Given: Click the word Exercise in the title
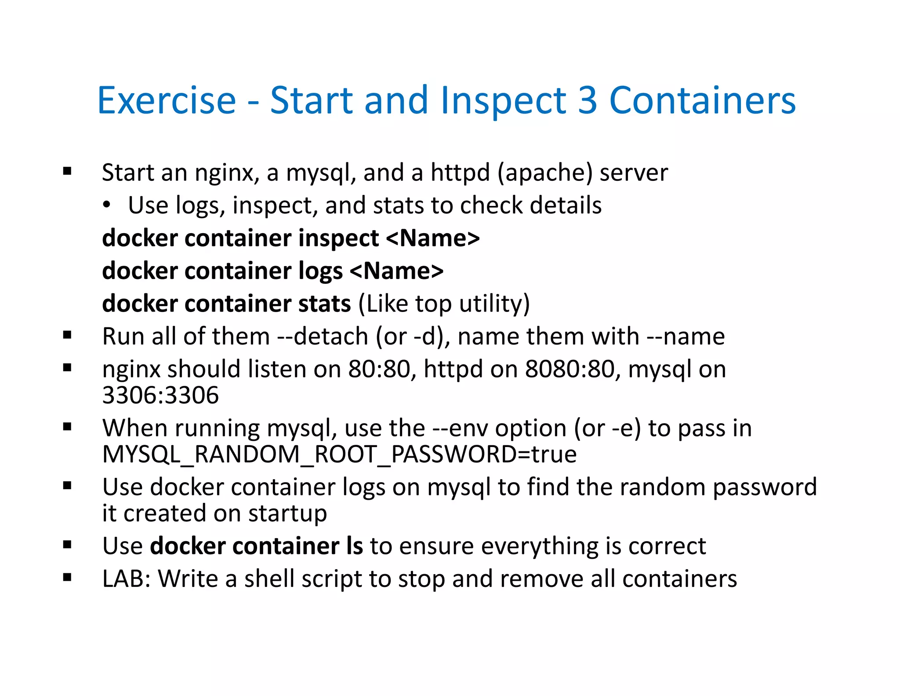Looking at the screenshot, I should tap(167, 100).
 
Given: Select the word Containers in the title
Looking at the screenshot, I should tap(702, 100).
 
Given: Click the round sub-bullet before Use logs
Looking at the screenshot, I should tap(106, 205).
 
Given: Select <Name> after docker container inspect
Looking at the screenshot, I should tap(433, 238).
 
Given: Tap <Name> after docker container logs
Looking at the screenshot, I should tap(397, 271).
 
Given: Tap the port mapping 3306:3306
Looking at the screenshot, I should tap(160, 395).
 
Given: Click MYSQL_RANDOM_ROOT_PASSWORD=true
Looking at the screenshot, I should tap(339, 454).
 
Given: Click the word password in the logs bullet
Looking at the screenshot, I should tap(765, 487).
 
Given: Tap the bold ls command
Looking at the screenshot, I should tap(354, 546).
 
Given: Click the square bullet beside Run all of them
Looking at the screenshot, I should tap(67, 336).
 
